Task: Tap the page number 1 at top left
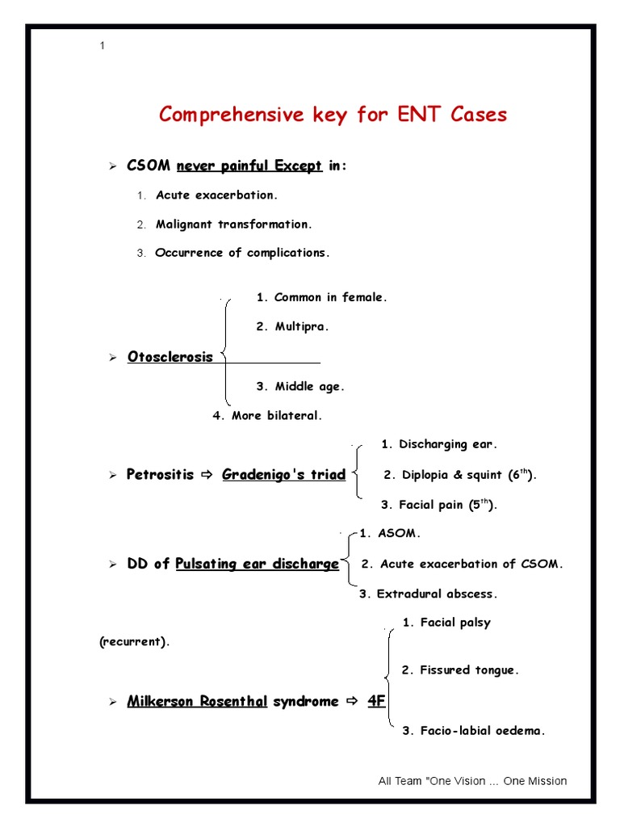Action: tap(103, 46)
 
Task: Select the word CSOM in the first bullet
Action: tap(149, 166)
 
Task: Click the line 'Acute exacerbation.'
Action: tap(216, 195)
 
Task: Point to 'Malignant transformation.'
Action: tap(233, 225)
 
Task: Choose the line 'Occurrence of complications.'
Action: tap(242, 253)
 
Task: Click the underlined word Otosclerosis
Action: tap(170, 357)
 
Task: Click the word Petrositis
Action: tap(160, 475)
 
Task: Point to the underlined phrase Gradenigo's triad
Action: tap(283, 475)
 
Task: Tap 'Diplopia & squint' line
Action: tap(460, 475)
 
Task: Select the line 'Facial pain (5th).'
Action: tap(439, 506)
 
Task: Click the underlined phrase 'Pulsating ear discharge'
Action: tap(257, 564)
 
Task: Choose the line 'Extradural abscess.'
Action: tap(429, 594)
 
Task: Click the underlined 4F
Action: tap(376, 701)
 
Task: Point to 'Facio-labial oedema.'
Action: tap(474, 731)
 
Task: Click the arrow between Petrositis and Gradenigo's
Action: tap(207, 475)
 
